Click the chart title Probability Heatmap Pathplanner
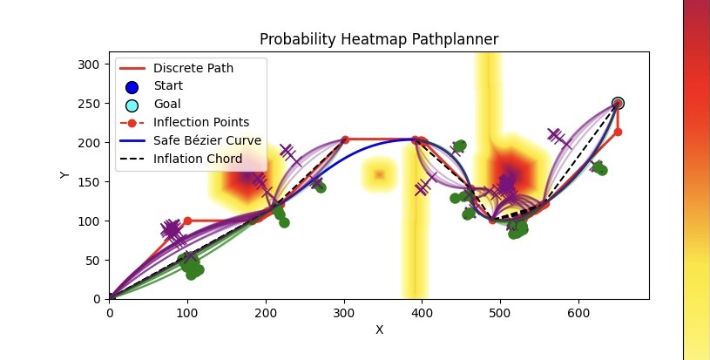(x=379, y=39)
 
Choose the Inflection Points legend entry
(x=201, y=122)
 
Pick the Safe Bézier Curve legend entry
(x=207, y=140)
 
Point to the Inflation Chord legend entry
(x=196, y=159)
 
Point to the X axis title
(x=379, y=329)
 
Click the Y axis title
(x=64, y=175)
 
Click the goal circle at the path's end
(x=618, y=103)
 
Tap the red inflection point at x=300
(x=345, y=139)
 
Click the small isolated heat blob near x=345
(x=379, y=174)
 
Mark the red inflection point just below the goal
(x=618, y=132)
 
